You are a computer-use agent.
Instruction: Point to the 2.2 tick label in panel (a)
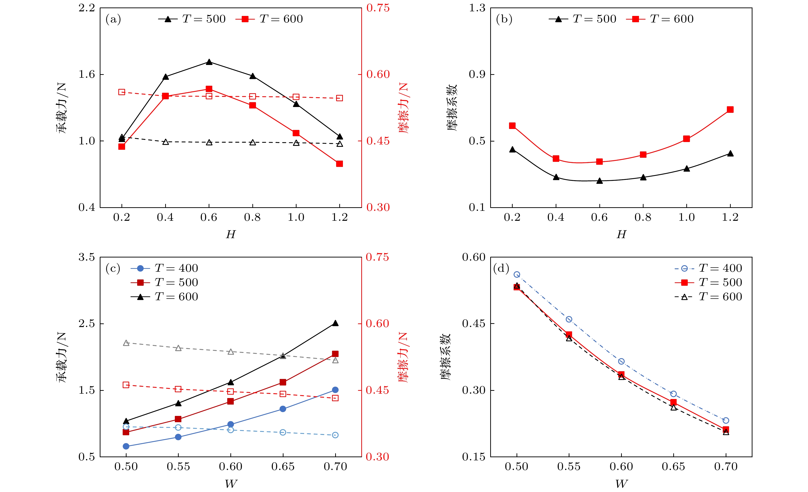[x=86, y=8]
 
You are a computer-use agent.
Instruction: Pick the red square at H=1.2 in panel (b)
[x=730, y=110]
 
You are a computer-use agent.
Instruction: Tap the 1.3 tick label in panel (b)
[x=477, y=8]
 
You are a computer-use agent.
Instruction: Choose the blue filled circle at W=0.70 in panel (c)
[x=335, y=390]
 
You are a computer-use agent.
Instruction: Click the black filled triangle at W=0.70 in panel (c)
[x=335, y=323]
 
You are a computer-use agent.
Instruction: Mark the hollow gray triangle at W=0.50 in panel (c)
[x=126, y=343]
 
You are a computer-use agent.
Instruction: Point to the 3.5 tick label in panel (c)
[x=86, y=257]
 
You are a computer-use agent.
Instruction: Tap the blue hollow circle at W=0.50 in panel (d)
[x=517, y=275]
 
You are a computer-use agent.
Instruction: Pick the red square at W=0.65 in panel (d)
[x=673, y=402]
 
